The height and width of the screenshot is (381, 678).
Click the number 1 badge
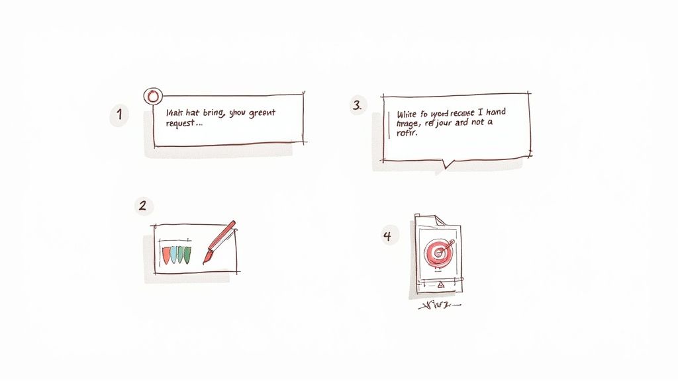coord(119,115)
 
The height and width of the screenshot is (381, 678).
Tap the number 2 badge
coord(142,205)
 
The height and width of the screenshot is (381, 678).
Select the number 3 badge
coord(358,105)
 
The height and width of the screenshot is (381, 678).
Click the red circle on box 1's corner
coord(153,96)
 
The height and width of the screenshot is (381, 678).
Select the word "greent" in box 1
coord(261,113)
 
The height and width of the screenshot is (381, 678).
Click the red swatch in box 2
coord(166,254)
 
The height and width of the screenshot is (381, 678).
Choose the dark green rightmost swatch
coord(188,254)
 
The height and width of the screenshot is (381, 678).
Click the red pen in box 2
coord(221,241)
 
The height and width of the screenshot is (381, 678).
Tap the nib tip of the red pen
coord(205,262)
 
